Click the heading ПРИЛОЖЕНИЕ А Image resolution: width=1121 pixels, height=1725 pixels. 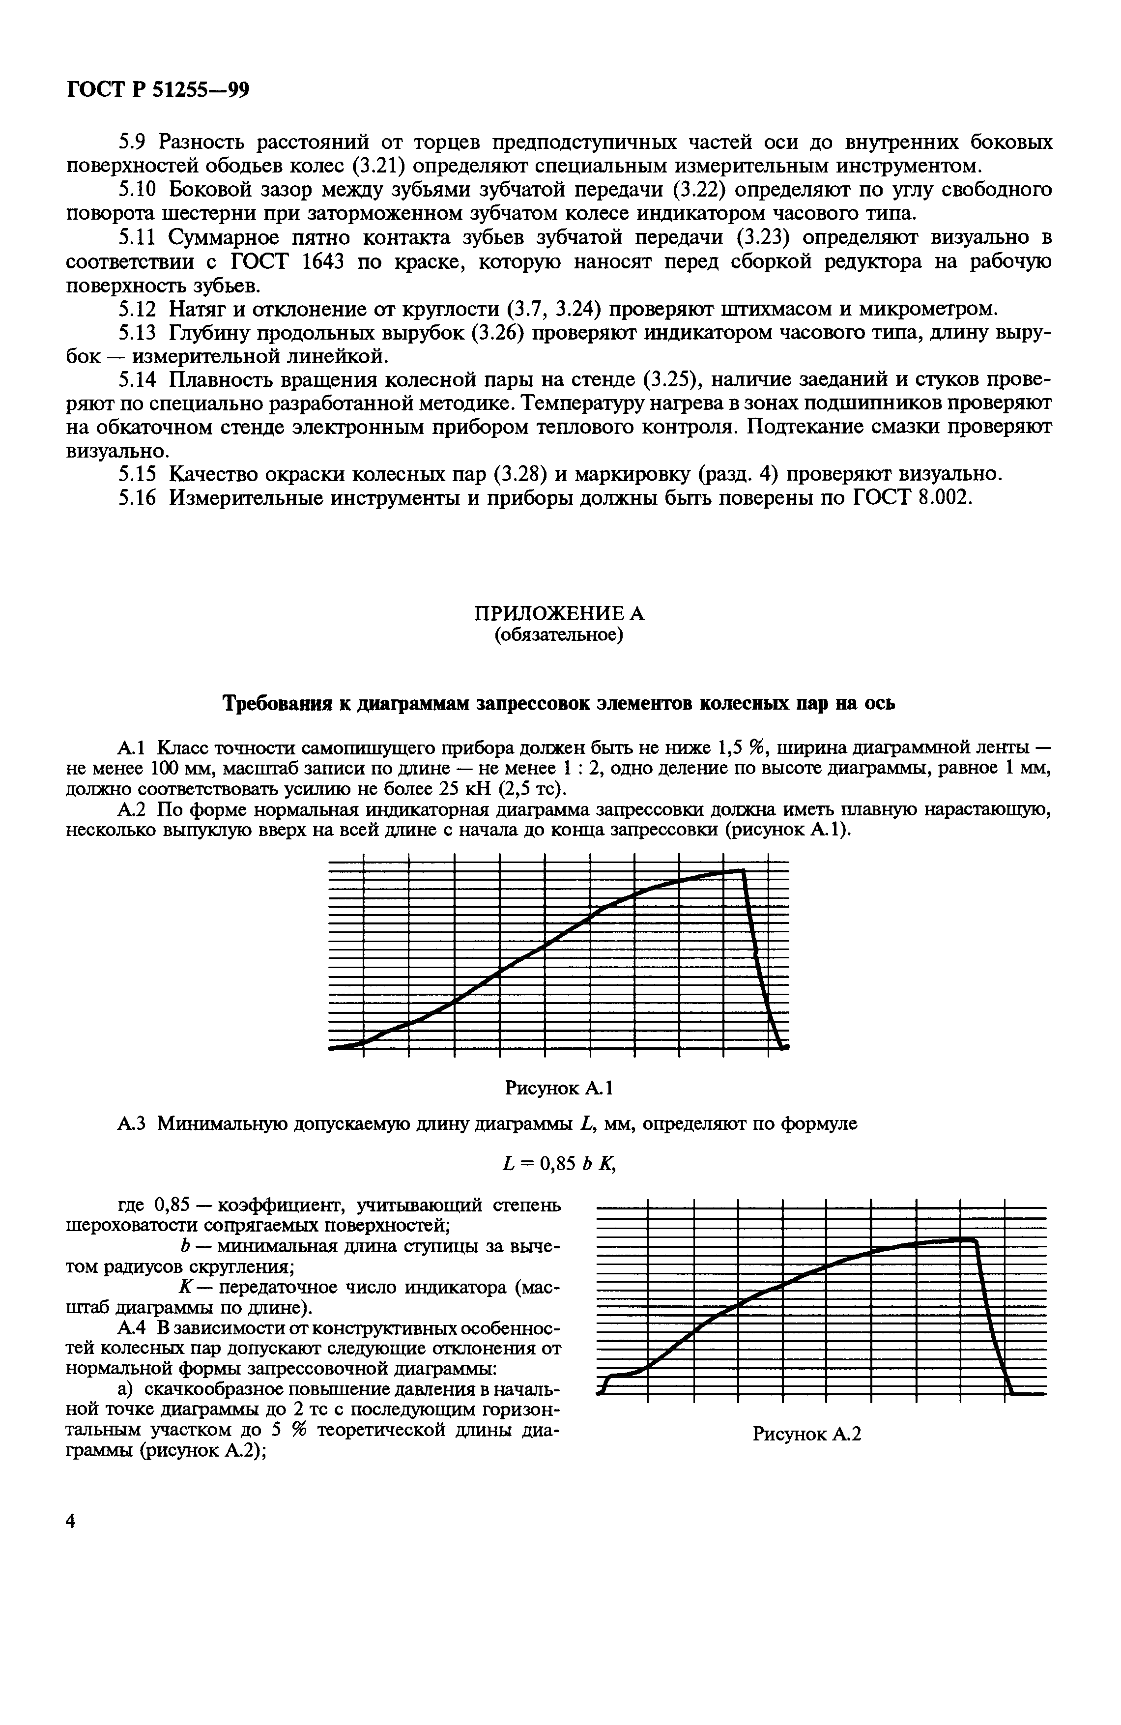tap(559, 613)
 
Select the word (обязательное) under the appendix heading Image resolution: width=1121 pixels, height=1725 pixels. tap(559, 635)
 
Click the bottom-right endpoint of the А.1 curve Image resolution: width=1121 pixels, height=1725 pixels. tap(783, 1047)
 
